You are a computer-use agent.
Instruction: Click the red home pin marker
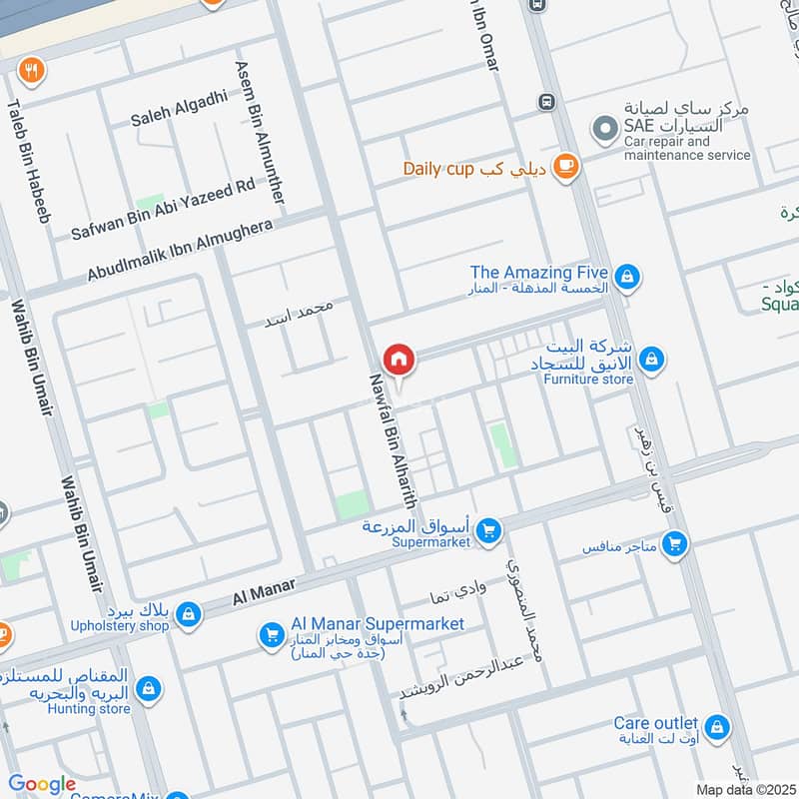(x=399, y=359)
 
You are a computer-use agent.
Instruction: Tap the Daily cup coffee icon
(x=566, y=167)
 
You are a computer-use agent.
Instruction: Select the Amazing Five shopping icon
(x=626, y=277)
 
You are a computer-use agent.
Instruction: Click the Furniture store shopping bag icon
(x=651, y=359)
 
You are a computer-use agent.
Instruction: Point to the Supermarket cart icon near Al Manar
(x=487, y=530)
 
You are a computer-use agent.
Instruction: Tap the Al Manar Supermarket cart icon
(x=271, y=634)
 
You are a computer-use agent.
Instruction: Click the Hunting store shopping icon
(x=149, y=689)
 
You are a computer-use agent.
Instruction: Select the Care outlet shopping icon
(x=715, y=728)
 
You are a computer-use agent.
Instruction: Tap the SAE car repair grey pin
(x=603, y=129)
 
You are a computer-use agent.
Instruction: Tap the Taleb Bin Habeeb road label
(x=29, y=160)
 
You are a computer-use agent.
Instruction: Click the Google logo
(x=42, y=785)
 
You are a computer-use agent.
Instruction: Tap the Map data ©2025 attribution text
(x=743, y=789)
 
